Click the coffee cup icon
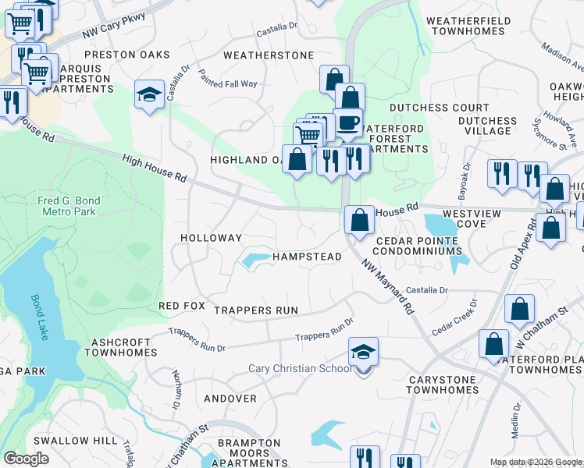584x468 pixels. (348, 122)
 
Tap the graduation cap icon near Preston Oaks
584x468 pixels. (149, 95)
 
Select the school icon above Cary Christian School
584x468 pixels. (363, 353)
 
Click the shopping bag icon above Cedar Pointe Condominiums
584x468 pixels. (359, 220)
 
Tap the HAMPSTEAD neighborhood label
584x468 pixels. (308, 257)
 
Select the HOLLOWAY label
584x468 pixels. (211, 237)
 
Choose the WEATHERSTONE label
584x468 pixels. (268, 55)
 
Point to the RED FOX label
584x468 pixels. (181, 306)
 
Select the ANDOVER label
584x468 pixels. (230, 399)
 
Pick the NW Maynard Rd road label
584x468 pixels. (388, 286)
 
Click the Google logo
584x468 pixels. (26, 459)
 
